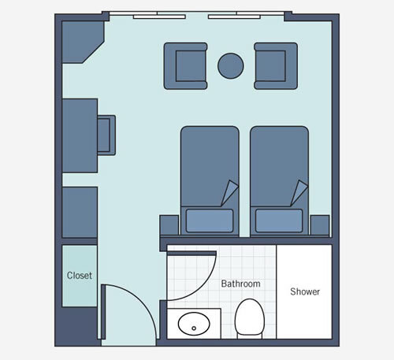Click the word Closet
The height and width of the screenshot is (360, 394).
(x=79, y=276)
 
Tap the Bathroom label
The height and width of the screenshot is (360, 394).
(x=240, y=283)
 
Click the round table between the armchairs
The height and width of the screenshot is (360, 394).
(x=230, y=65)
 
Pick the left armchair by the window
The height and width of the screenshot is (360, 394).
(x=185, y=65)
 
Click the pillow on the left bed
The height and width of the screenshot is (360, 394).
(x=209, y=220)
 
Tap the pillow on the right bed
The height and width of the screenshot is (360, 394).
(x=277, y=220)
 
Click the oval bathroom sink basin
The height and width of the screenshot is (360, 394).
(x=192, y=323)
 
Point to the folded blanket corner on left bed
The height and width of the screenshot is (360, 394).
(x=229, y=192)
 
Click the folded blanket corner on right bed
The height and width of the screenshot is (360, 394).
(x=298, y=192)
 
